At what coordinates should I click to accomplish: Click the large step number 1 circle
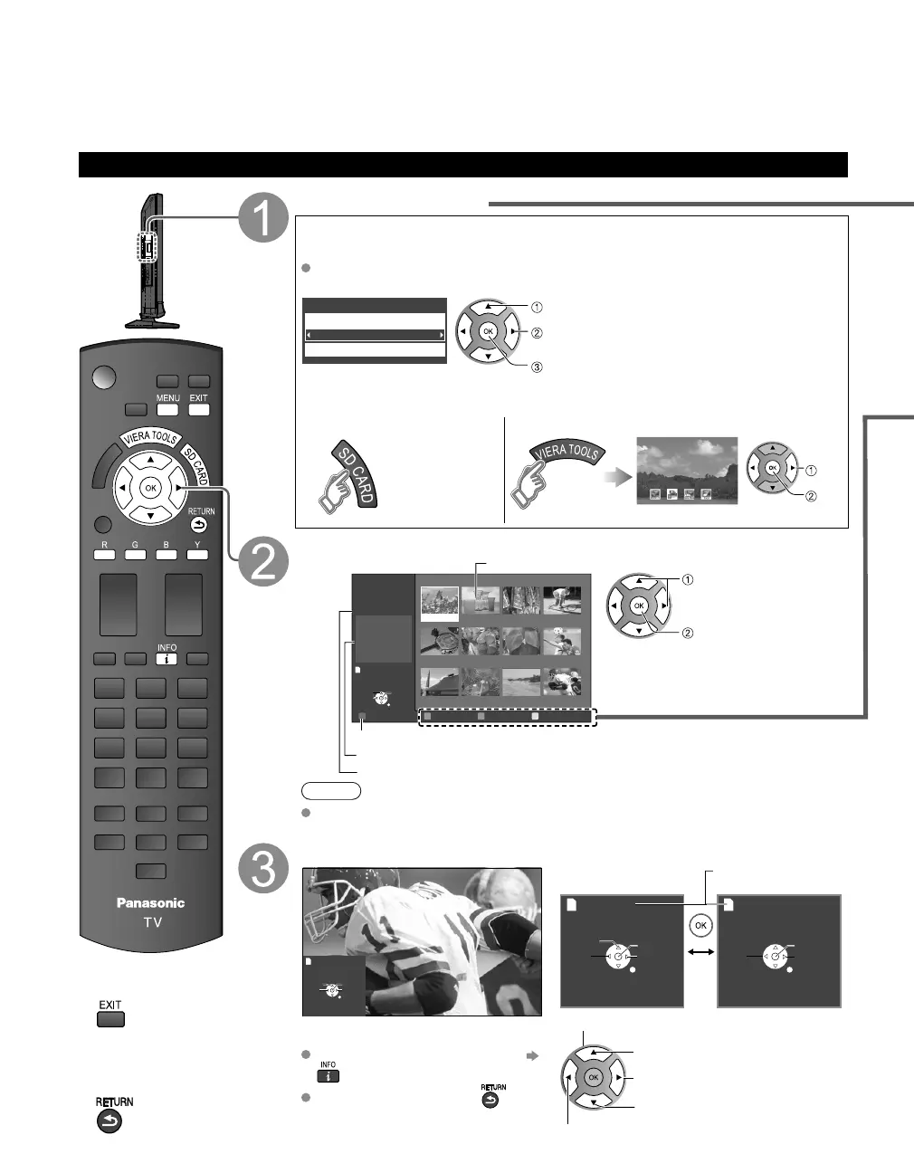264,219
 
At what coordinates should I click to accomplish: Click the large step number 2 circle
264,563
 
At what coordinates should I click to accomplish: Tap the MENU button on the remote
168,409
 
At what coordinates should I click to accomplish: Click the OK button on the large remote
151,489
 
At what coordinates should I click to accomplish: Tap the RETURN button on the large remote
200,525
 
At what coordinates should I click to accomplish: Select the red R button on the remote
104,554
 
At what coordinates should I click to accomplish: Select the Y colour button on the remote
197,554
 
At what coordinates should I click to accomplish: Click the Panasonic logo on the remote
151,902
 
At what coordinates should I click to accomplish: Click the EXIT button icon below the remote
110,1018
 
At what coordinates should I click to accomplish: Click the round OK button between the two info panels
700,926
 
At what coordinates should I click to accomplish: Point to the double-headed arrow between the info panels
700,953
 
